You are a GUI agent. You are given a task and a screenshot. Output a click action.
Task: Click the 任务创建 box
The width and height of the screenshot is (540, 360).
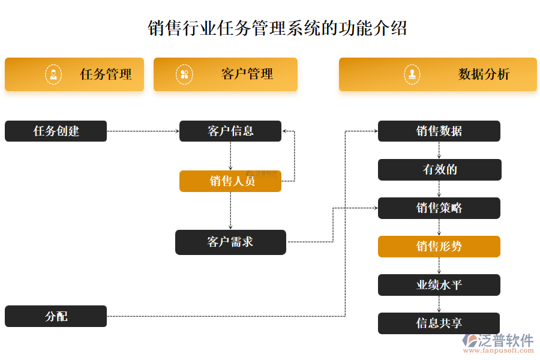tap(56, 131)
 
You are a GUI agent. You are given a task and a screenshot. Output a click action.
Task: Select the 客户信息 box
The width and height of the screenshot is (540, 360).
tap(230, 131)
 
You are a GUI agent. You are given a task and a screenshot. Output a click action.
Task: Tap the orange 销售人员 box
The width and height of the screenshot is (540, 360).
tap(230, 181)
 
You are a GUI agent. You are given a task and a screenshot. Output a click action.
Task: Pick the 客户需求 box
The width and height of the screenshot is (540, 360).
tap(230, 242)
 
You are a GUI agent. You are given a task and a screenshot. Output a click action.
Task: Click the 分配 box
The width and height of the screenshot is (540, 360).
tap(56, 316)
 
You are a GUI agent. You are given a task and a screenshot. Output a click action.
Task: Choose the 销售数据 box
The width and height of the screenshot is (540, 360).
tap(439, 131)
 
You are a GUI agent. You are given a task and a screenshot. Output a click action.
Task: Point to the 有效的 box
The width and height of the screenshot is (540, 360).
tap(439, 170)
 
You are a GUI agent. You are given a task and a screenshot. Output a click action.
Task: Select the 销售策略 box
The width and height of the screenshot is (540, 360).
tap(439, 208)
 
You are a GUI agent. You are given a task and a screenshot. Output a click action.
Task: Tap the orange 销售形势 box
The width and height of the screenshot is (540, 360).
tap(439, 247)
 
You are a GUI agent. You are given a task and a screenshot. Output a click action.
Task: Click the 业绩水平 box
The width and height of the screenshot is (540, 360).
tap(439, 285)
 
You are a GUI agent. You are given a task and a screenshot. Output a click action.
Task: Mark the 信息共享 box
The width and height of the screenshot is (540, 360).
tap(439, 323)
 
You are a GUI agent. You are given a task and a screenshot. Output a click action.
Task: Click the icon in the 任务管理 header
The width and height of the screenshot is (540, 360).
tap(53, 74)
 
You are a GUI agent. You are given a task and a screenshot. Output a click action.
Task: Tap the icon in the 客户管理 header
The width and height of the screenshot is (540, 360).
tap(184, 74)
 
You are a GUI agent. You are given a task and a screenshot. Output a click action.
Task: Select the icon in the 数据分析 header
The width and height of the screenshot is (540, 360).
tap(412, 74)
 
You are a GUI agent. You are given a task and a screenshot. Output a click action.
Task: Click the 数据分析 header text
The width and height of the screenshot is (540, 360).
tap(484, 74)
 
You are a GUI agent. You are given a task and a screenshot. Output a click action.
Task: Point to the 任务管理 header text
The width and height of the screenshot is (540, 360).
tap(106, 74)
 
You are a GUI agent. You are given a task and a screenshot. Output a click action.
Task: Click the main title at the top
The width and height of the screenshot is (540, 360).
tap(277, 28)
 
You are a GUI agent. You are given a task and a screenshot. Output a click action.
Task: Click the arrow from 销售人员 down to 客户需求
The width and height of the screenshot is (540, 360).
tap(230, 210)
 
